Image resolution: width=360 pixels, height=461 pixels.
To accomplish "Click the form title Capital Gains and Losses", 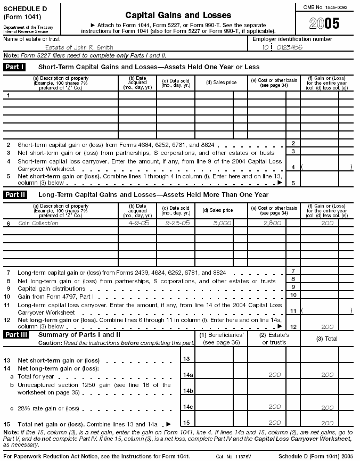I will pyautogui.click(x=177, y=15).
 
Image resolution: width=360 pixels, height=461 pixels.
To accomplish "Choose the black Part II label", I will pyautogui.click(x=15, y=195).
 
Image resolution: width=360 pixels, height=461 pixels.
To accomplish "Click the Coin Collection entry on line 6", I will pyautogui.click(x=38, y=223).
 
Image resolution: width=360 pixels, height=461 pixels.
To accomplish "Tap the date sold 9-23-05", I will pyautogui.click(x=175, y=223).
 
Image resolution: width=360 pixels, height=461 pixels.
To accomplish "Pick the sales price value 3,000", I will pyautogui.click(x=222, y=223).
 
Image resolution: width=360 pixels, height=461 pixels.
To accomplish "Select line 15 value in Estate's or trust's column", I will pyautogui.click(x=274, y=422).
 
